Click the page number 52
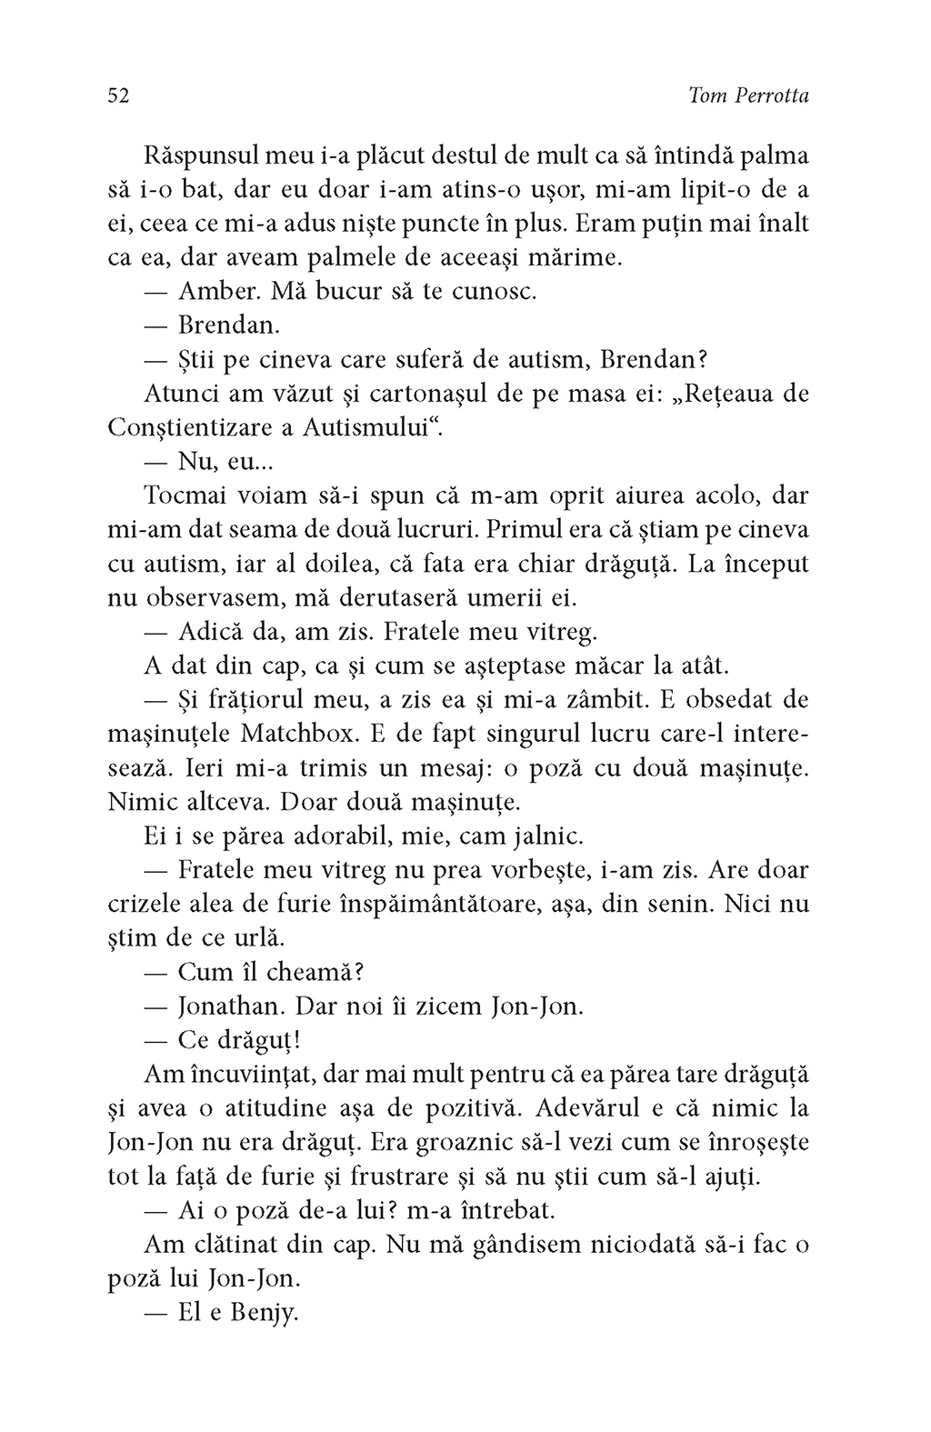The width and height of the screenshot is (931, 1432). (119, 96)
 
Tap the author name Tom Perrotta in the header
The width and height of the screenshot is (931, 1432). (749, 96)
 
